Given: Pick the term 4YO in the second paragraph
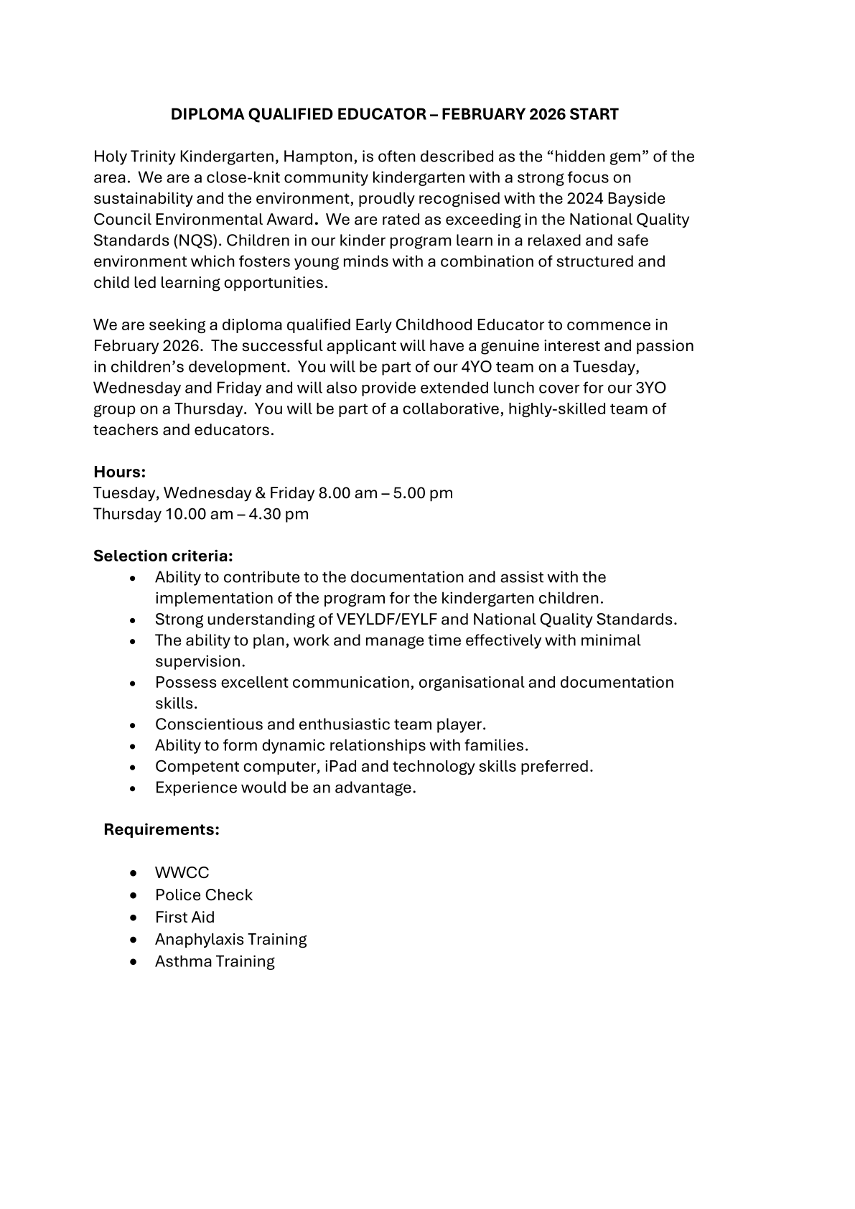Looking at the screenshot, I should coord(475,367).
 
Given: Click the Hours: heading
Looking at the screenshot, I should coord(119,472).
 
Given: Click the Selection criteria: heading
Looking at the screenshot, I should coord(163,556).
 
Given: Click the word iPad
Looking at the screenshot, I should coord(340,766).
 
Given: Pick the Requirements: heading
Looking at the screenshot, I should coord(162,830).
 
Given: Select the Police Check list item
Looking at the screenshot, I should coord(204,895).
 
